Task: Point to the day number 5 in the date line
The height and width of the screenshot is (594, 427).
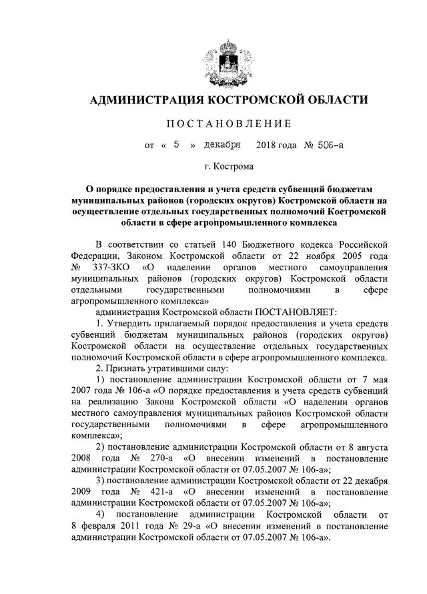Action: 176,143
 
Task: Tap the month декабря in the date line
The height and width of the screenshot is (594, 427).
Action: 222,143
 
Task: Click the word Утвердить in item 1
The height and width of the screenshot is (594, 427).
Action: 131,323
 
